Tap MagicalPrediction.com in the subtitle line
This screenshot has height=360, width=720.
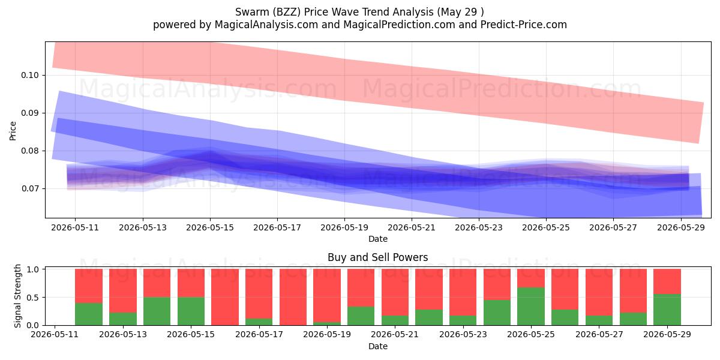coord(399,25)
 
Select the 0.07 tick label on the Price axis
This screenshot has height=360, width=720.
coord(30,188)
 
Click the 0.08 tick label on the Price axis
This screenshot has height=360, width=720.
coord(30,151)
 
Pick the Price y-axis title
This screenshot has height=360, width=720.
coord(13,131)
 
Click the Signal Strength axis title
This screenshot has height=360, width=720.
coord(17,296)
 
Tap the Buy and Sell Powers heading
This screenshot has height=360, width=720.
coord(377,257)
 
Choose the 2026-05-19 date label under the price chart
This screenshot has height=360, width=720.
coord(344,227)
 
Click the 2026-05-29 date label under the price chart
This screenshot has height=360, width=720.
coord(681,227)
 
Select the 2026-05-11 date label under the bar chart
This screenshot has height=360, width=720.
coord(55,335)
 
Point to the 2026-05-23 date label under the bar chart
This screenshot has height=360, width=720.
coord(463,335)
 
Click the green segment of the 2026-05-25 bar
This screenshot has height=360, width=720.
coord(531,307)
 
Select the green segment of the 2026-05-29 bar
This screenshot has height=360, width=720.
coord(667,310)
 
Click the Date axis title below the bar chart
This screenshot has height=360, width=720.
coord(377,347)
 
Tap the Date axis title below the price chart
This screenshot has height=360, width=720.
coord(377,239)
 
